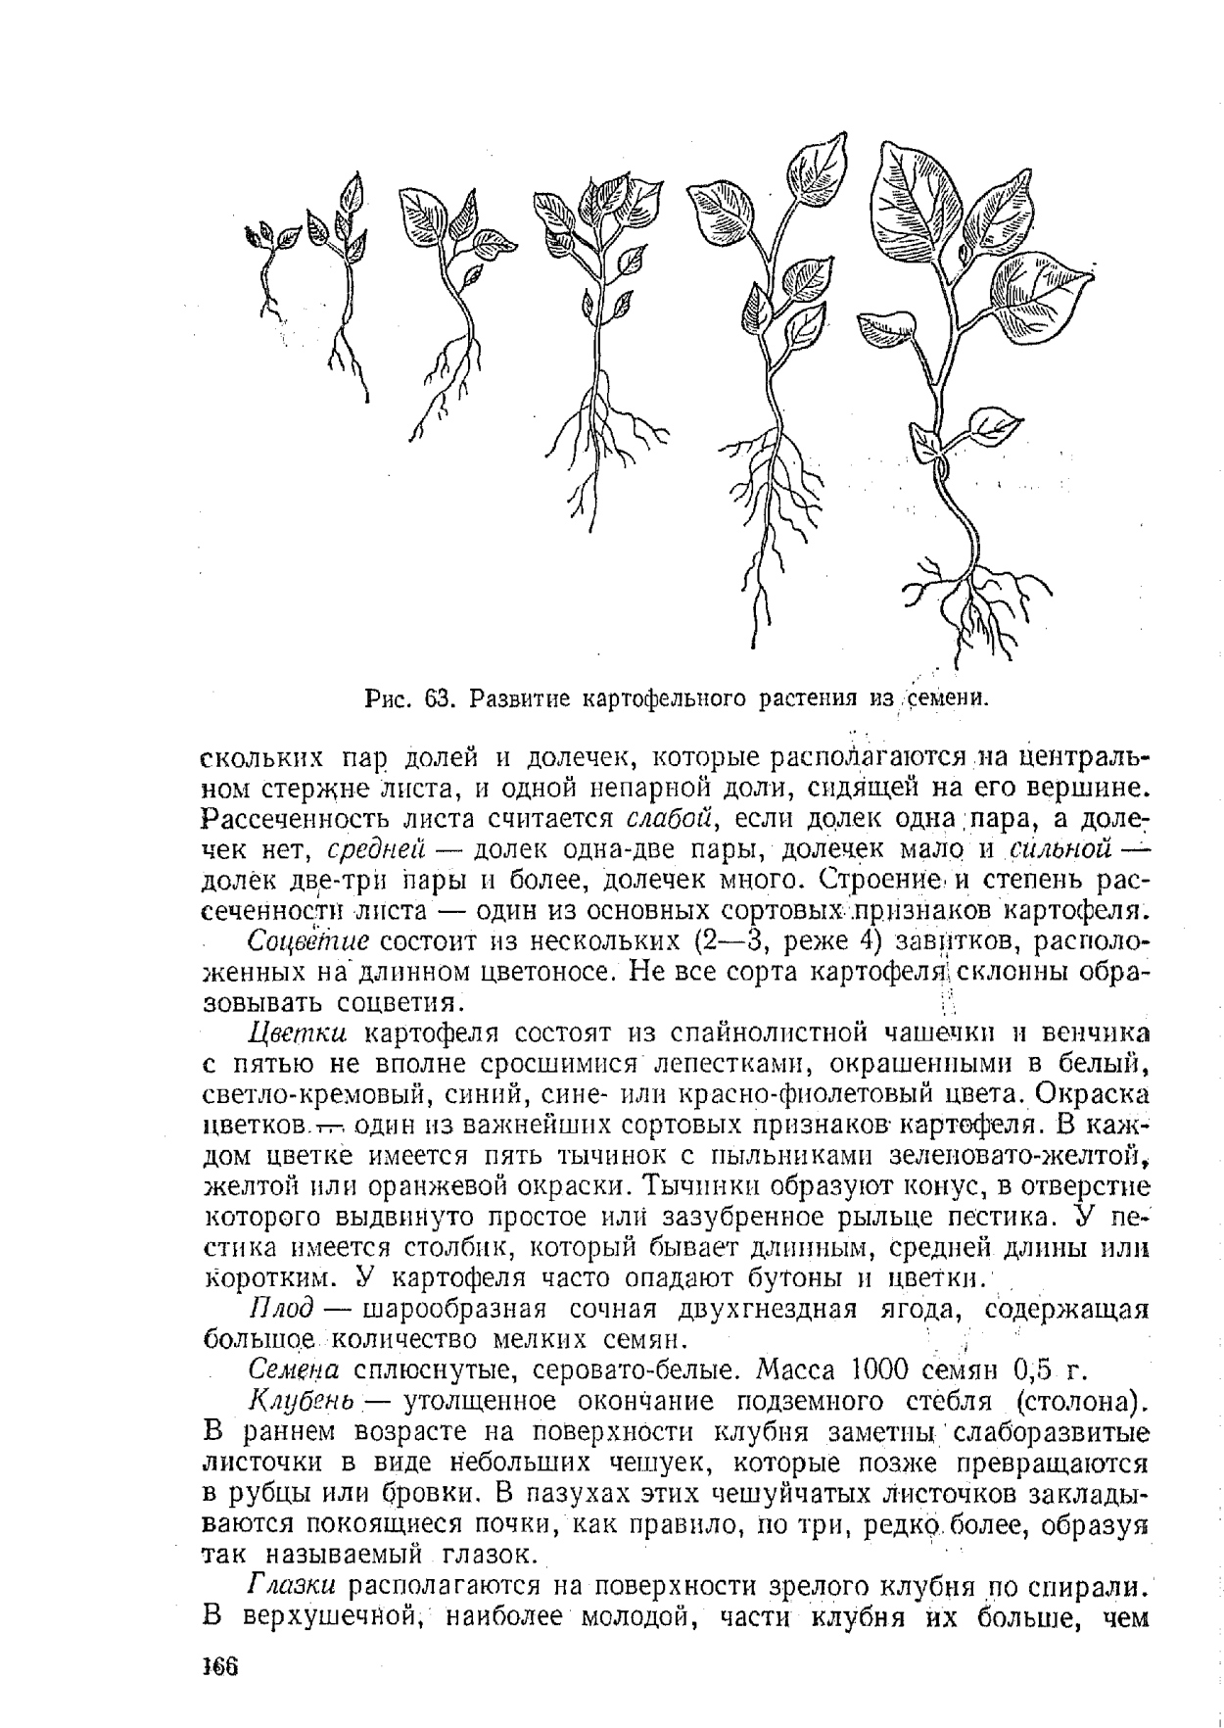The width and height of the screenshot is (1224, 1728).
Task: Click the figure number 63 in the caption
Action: pyautogui.click(x=436, y=699)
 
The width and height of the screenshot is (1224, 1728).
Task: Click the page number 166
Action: pyautogui.click(x=221, y=1666)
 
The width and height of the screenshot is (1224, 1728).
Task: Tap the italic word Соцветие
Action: pyautogui.click(x=307, y=942)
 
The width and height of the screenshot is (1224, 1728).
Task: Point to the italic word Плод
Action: pyautogui.click(x=281, y=1309)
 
